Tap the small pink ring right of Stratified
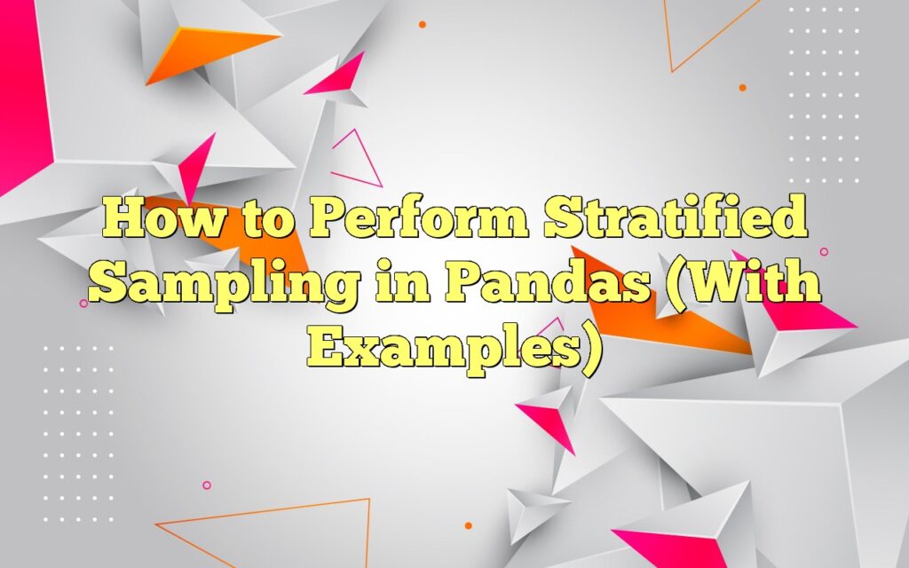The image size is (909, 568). click(x=823, y=252)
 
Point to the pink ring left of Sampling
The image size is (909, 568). click(x=83, y=304)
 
